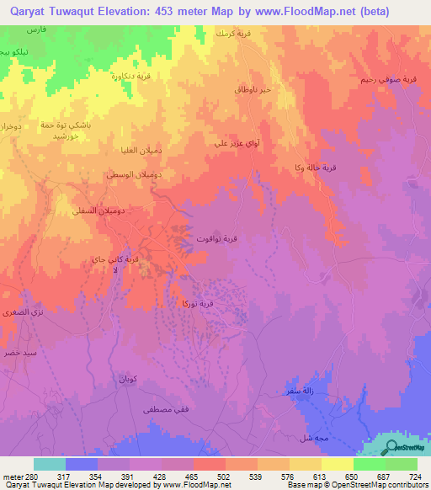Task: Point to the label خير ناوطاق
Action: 250,88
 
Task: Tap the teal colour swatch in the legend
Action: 49,464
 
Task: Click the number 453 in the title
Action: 178,12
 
